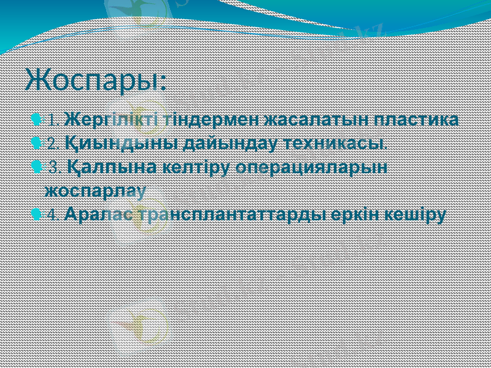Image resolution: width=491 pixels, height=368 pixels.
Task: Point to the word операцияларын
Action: tap(312, 167)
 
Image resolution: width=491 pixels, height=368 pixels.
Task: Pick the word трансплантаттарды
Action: tap(233, 215)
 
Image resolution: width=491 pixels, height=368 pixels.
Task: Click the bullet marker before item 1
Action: tap(38, 118)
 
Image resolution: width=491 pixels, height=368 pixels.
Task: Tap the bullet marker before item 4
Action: tap(38, 215)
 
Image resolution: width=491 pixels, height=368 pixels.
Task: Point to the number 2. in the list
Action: tap(53, 144)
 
